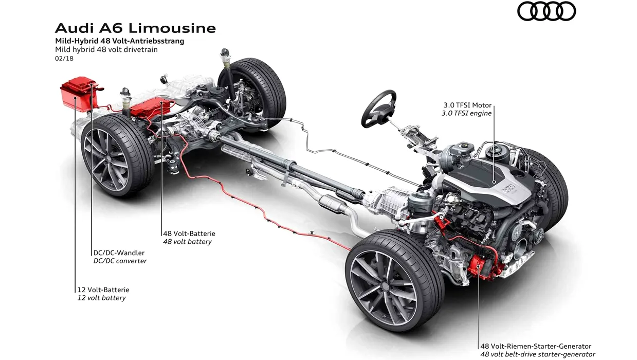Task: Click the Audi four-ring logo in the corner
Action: [x=547, y=11]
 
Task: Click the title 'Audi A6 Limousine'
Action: [x=135, y=28]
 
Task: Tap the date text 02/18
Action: [x=64, y=59]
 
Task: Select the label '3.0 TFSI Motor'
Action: [x=467, y=105]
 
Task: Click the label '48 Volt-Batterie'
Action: [x=189, y=233]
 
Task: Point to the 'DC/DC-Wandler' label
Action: [x=119, y=253]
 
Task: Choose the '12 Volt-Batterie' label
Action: [x=103, y=290]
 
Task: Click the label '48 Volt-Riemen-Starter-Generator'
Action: [x=536, y=346]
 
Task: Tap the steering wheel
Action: [x=378, y=109]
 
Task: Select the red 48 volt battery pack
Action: [x=152, y=107]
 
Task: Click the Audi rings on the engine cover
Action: [x=508, y=189]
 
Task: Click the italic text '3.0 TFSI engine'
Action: [x=466, y=113]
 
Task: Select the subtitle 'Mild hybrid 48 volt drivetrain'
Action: [x=106, y=49]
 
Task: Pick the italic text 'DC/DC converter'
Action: [x=120, y=261]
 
